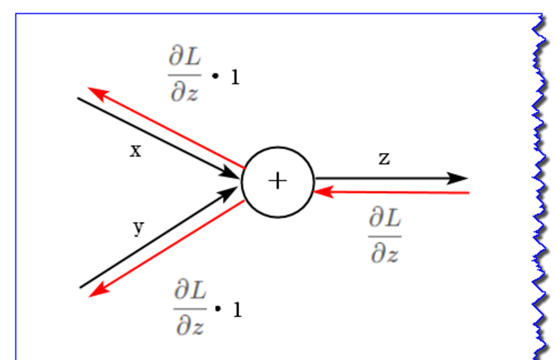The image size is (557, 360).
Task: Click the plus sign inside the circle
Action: pyautogui.click(x=277, y=181)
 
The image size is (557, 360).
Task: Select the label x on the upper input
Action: pyautogui.click(x=136, y=151)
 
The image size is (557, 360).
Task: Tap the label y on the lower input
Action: pyautogui.click(x=138, y=227)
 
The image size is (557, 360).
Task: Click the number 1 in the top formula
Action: pyautogui.click(x=235, y=76)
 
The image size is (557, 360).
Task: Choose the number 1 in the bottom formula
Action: pyautogui.click(x=237, y=309)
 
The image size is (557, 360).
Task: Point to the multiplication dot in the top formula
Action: pyautogui.click(x=217, y=76)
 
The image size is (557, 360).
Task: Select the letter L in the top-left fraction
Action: pyautogui.click(x=191, y=59)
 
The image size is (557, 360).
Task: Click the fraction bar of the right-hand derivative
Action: pyautogui.click(x=385, y=236)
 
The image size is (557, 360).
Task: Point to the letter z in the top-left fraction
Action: pyautogui.click(x=191, y=94)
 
